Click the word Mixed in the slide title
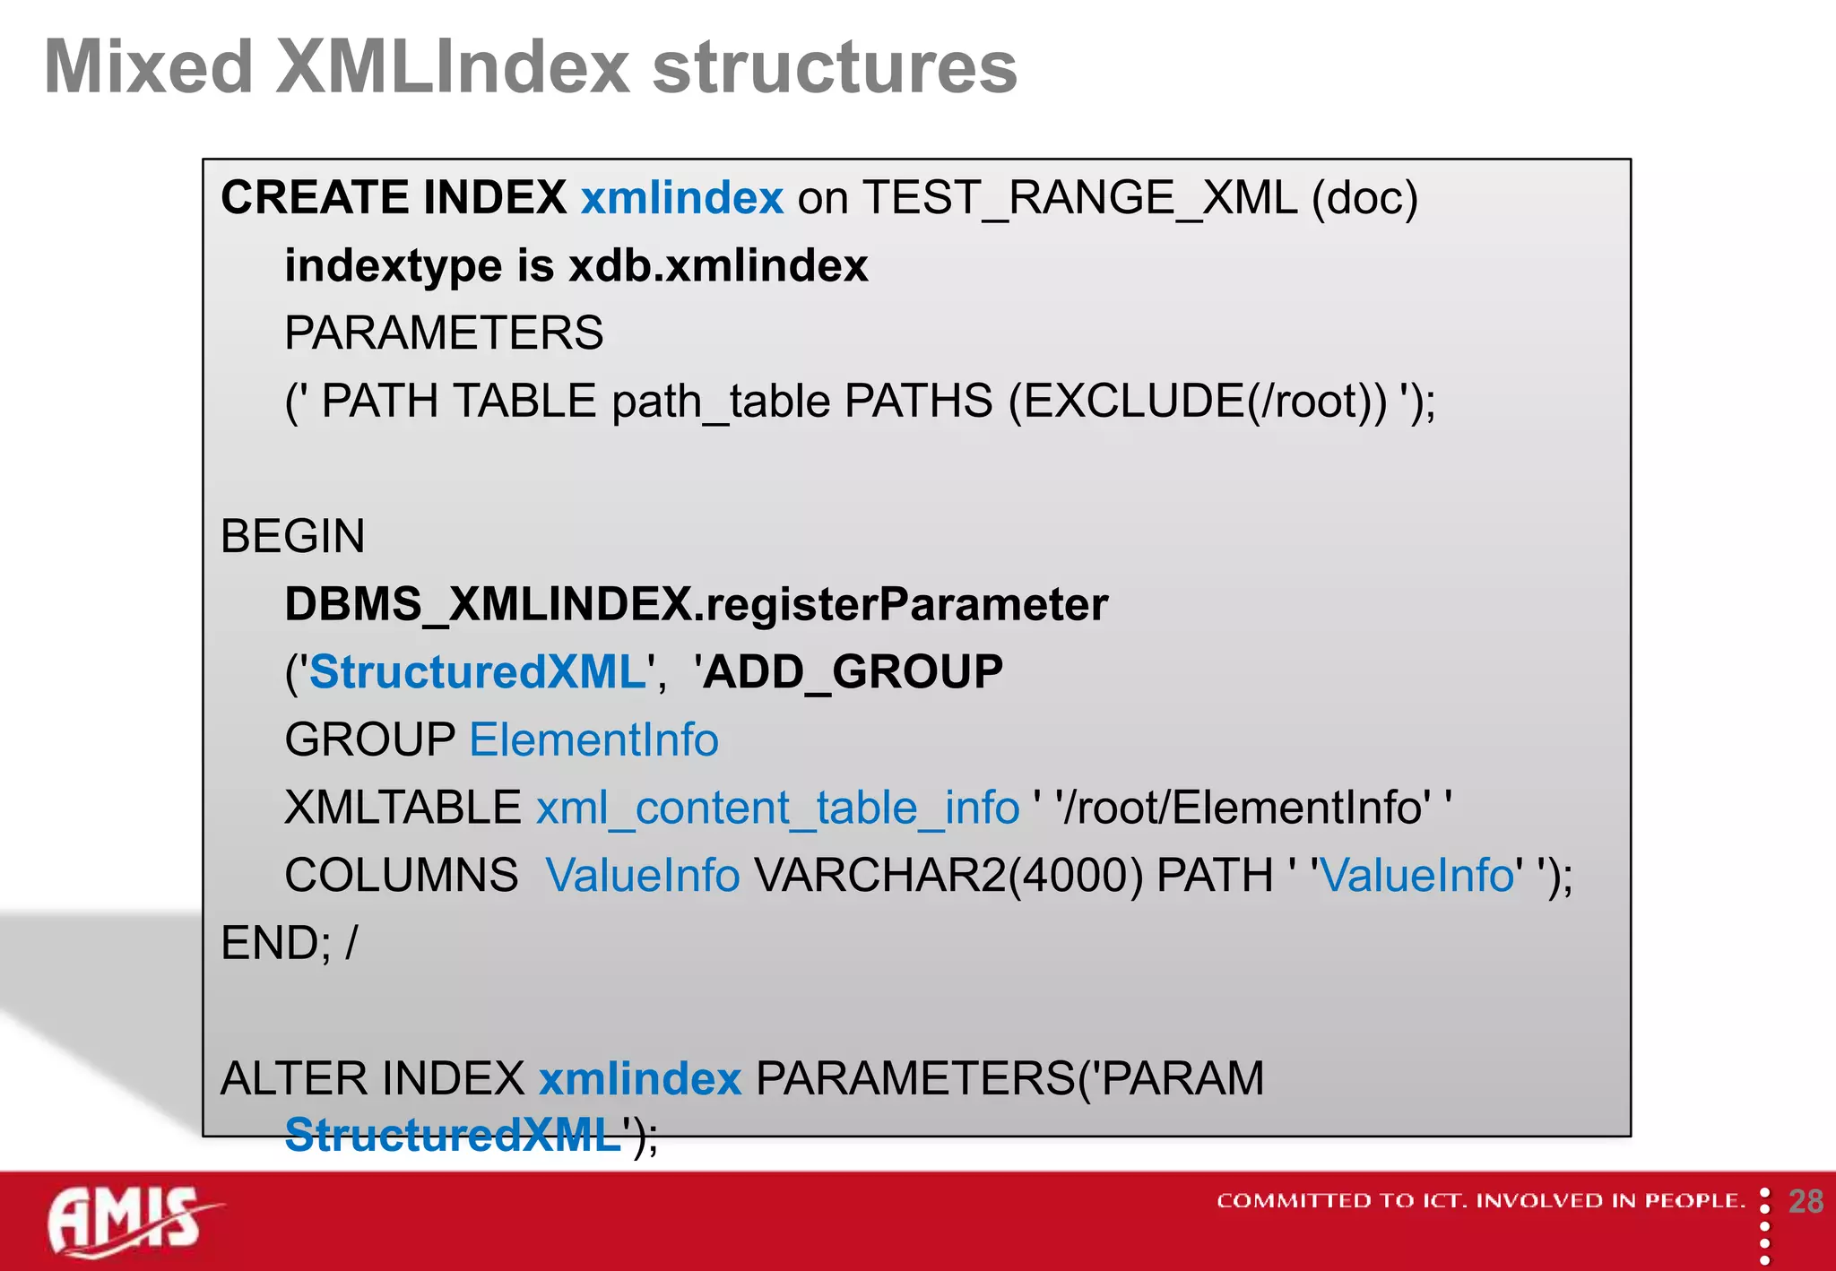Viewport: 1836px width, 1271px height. click(149, 67)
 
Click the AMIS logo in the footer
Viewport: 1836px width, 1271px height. click(126, 1221)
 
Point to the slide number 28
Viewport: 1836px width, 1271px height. click(1806, 1202)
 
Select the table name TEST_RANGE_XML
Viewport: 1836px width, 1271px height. click(1079, 198)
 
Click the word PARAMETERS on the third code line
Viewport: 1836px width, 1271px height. click(444, 333)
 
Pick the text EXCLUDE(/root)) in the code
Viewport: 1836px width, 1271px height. click(1198, 401)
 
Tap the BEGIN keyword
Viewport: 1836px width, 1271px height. click(292, 537)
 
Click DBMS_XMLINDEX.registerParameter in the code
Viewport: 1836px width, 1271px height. click(696, 604)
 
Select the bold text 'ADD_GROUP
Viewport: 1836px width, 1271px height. click(848, 672)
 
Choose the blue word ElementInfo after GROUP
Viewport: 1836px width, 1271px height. click(593, 740)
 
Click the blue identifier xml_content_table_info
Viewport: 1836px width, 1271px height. click(777, 808)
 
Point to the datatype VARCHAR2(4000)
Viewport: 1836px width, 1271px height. click(948, 876)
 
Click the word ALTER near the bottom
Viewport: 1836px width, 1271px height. click(289, 1078)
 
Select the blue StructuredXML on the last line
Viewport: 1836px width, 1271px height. click(453, 1135)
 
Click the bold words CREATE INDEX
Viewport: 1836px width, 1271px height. click(394, 198)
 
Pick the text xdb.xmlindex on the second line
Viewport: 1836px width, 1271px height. click(718, 266)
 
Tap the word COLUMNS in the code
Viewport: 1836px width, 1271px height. click(402, 876)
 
